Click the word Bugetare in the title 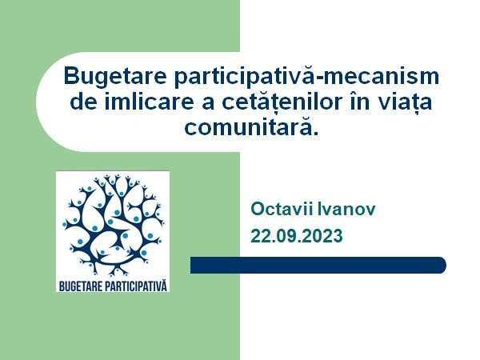[115, 77]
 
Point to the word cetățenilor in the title [282, 103]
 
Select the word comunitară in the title [249, 126]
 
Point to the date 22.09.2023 [297, 236]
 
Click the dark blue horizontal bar [318, 265]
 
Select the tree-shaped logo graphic [113, 224]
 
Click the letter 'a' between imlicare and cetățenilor [208, 104]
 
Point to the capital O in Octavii [258, 209]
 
